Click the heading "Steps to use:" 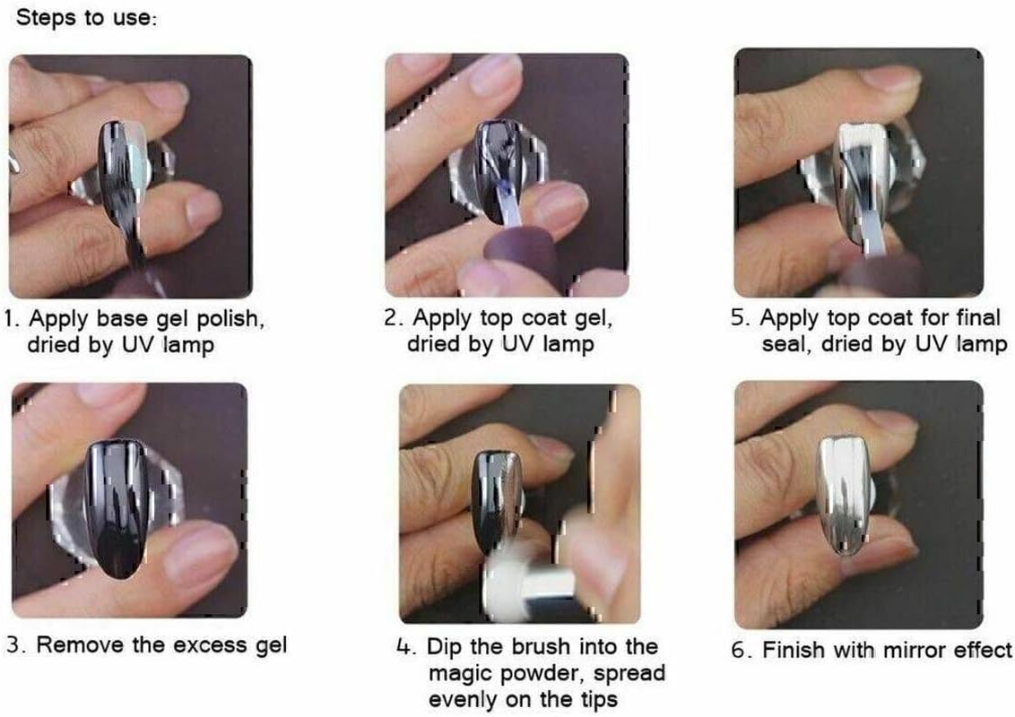click(x=86, y=17)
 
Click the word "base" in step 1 click(x=123, y=318)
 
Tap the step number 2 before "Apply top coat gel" click(x=392, y=318)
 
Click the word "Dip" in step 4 click(x=445, y=646)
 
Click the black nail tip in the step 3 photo click(x=117, y=508)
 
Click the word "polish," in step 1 click(x=230, y=319)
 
